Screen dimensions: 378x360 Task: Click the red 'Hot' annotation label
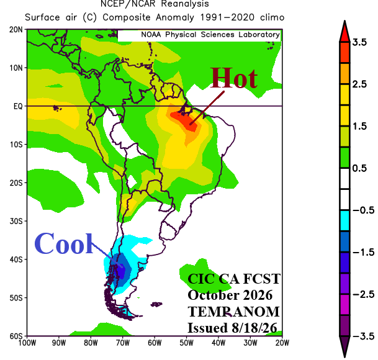click(233, 78)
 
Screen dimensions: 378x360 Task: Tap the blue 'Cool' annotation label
click(64, 243)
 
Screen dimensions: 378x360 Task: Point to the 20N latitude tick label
click(16, 30)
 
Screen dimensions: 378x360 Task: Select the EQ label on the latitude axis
click(18, 106)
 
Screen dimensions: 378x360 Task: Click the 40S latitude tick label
click(16, 259)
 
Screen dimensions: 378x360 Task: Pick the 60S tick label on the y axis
click(16, 336)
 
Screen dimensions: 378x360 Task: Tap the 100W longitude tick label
click(27, 343)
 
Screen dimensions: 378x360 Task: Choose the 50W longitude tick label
click(186, 343)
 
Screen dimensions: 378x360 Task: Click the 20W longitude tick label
click(282, 343)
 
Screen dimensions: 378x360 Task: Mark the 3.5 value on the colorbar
click(359, 42)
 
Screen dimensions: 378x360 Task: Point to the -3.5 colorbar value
click(363, 336)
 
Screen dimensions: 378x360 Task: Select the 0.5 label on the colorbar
click(359, 168)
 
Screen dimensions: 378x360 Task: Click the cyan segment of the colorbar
click(344, 220)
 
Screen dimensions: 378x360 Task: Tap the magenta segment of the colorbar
click(344, 304)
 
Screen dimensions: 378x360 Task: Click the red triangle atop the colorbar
click(344, 32)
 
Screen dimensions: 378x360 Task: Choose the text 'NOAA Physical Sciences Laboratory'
click(210, 35)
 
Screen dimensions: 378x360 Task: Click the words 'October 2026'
click(230, 295)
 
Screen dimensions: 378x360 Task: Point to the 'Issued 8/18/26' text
click(232, 328)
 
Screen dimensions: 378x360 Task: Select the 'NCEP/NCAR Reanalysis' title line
click(155, 4)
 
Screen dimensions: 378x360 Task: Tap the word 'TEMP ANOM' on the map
click(233, 312)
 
